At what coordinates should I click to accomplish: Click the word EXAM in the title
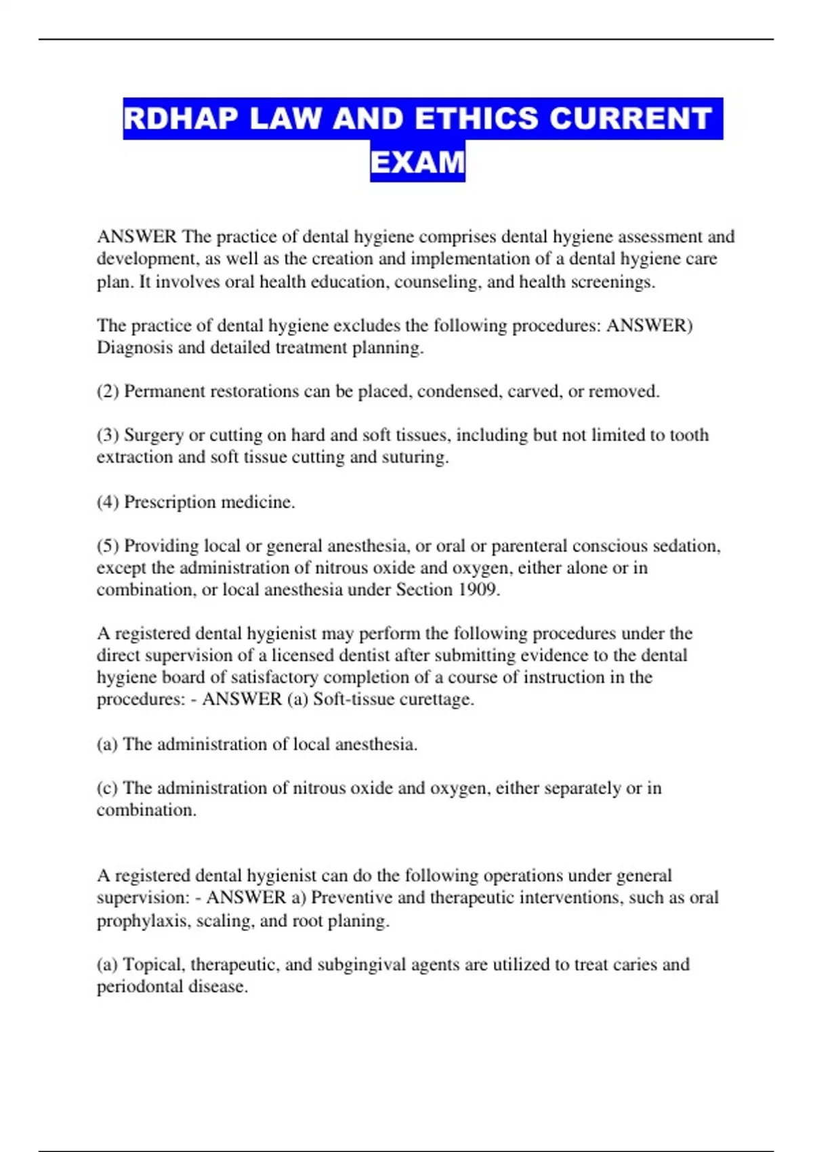tap(417, 162)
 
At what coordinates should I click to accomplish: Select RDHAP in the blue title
tap(181, 119)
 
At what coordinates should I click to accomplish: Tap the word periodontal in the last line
tap(140, 987)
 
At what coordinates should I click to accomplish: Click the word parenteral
tap(534, 546)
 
